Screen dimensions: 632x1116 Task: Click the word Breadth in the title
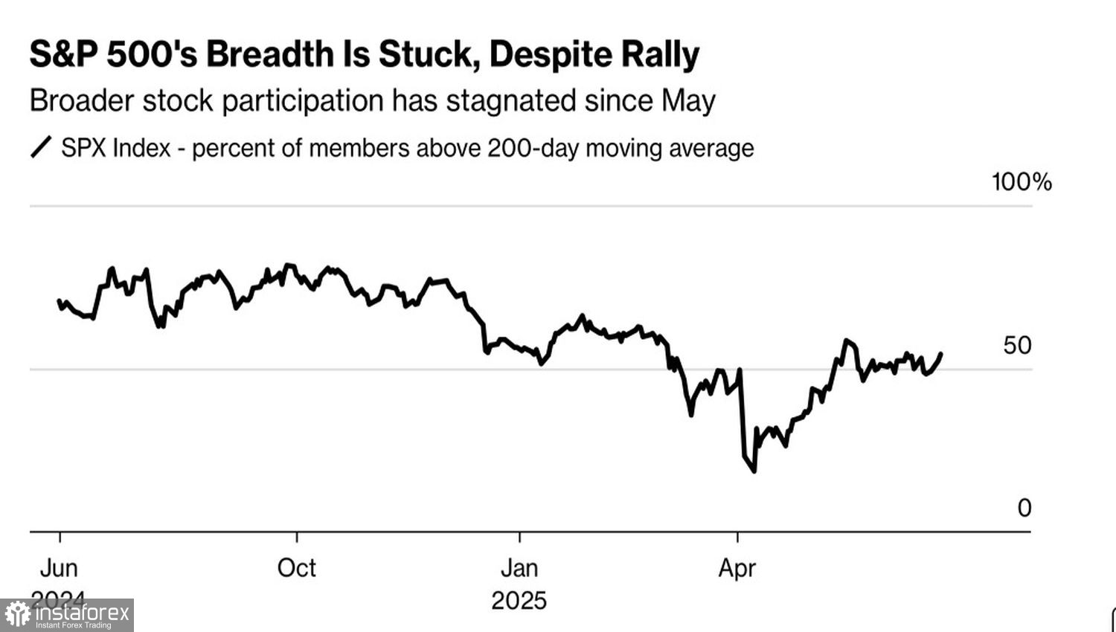[266, 55]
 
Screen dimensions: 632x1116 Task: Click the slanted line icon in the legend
[41, 147]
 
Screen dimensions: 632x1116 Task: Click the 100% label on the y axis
[1022, 182]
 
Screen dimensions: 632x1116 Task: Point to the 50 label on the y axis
[1017, 345]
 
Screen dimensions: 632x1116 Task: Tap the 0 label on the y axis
[1024, 508]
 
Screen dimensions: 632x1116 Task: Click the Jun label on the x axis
[59, 568]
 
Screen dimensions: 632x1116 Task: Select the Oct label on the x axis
[296, 568]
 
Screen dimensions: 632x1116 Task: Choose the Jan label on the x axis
[519, 568]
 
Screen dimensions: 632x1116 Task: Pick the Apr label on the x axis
[737, 568]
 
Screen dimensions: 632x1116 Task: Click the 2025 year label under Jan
[519, 600]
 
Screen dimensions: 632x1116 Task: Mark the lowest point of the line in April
[754, 471]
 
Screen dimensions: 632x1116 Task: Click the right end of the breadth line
[941, 354]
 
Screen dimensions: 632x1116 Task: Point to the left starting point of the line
[60, 301]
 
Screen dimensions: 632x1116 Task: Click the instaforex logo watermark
[67, 615]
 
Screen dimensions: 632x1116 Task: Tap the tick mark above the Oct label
[297, 537]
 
